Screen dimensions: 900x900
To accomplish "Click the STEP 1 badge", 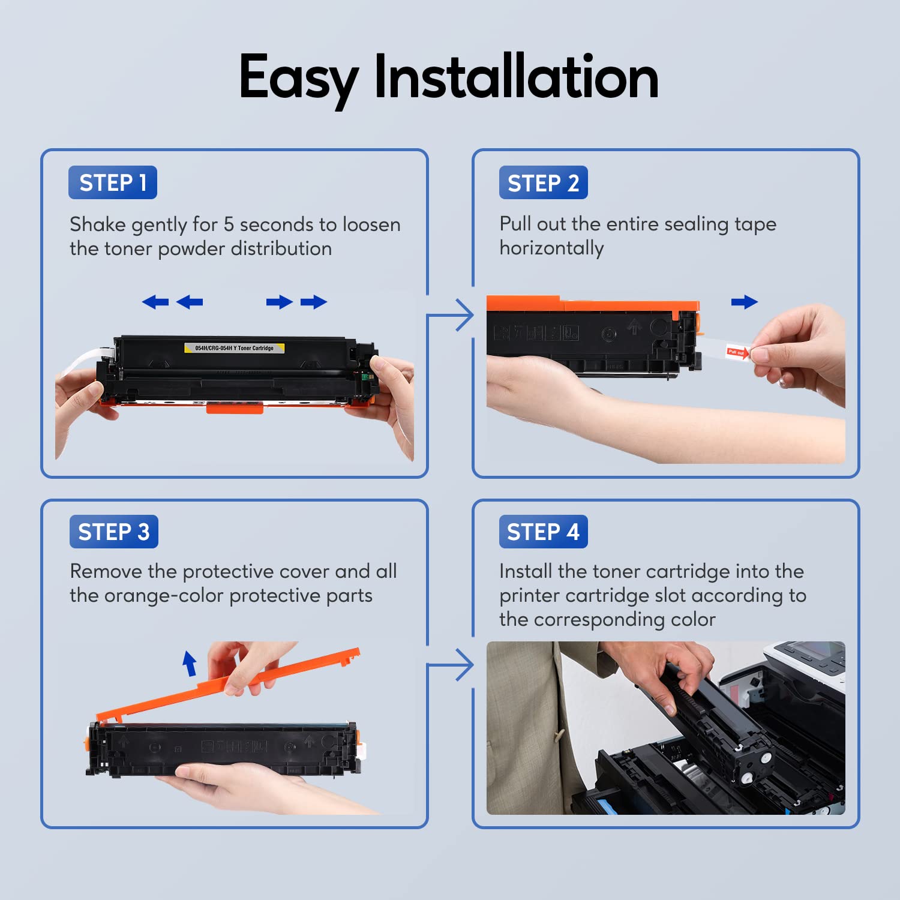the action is [113, 182].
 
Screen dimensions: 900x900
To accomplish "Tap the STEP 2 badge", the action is [544, 182].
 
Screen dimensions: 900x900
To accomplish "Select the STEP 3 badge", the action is [114, 532].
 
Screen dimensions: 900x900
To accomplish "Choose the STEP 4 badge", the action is [544, 532].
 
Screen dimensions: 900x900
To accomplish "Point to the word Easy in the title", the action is [299, 80].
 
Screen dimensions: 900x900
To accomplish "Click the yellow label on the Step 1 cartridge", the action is [234, 348].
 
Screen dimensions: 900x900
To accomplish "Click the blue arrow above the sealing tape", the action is [745, 302].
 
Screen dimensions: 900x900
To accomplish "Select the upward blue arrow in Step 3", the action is [190, 664].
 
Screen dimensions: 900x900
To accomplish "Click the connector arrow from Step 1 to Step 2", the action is [451, 314].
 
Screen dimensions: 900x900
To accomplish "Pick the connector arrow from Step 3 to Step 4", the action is [451, 665].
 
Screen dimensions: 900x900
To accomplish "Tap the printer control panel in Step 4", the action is [810, 658].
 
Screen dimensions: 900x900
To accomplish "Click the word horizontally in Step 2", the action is [551, 248].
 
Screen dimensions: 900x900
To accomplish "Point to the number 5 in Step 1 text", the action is [229, 224].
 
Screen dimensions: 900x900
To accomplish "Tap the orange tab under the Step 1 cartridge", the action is [235, 408].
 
